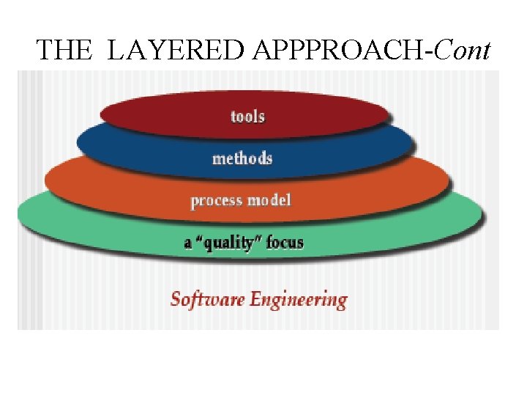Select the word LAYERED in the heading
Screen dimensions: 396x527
click(x=176, y=50)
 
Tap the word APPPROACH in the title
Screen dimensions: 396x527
click(x=341, y=50)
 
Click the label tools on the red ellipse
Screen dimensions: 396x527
click(x=247, y=117)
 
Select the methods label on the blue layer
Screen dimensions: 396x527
click(x=242, y=158)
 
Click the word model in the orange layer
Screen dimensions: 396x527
click(x=270, y=199)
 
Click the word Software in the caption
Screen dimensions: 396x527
click(x=207, y=299)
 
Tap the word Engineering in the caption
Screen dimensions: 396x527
click(x=298, y=300)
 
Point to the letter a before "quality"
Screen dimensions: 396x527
click(x=189, y=243)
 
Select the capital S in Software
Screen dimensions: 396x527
click(x=176, y=299)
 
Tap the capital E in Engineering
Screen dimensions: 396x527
click(x=255, y=299)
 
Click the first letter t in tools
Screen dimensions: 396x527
click(x=233, y=117)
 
